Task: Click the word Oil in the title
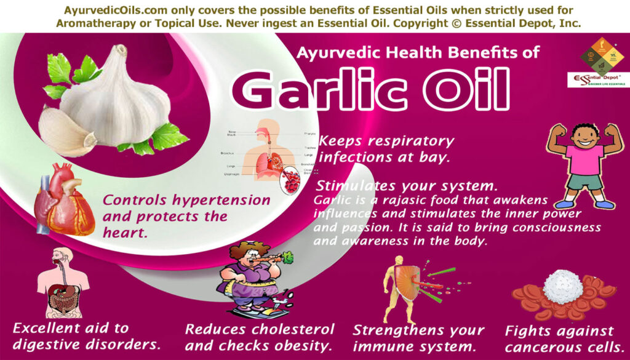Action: [x=463, y=91]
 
